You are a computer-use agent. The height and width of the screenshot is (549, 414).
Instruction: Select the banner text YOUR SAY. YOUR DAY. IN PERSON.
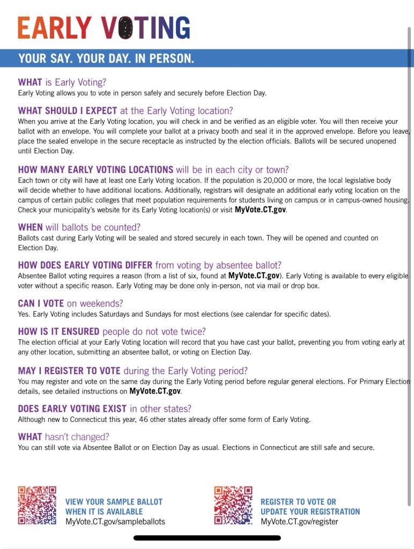(x=106, y=58)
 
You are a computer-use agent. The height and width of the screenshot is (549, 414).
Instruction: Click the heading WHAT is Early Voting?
(x=62, y=82)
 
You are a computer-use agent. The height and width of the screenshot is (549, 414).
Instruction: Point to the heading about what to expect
(x=125, y=111)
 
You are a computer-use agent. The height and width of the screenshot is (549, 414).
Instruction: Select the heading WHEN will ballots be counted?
(x=79, y=227)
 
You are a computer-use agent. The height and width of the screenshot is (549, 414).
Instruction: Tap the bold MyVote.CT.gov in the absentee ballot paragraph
(x=254, y=276)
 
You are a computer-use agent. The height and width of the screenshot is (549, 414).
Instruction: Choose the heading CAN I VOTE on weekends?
(x=70, y=303)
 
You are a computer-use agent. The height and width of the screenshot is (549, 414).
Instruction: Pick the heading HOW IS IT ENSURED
(x=112, y=331)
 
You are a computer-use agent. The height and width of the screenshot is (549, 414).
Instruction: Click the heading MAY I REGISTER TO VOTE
(x=133, y=370)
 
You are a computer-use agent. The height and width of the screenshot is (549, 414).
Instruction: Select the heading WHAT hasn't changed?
(x=63, y=437)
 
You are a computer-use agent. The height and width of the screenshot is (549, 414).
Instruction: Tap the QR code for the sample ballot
(x=37, y=505)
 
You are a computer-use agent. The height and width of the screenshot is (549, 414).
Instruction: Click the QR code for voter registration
(x=233, y=505)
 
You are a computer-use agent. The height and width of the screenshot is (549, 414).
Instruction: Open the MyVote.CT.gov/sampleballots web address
(x=115, y=521)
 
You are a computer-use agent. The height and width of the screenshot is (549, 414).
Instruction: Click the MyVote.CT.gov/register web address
(x=299, y=521)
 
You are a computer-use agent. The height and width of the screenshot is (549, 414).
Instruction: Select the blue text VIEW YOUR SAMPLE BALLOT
(x=114, y=502)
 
